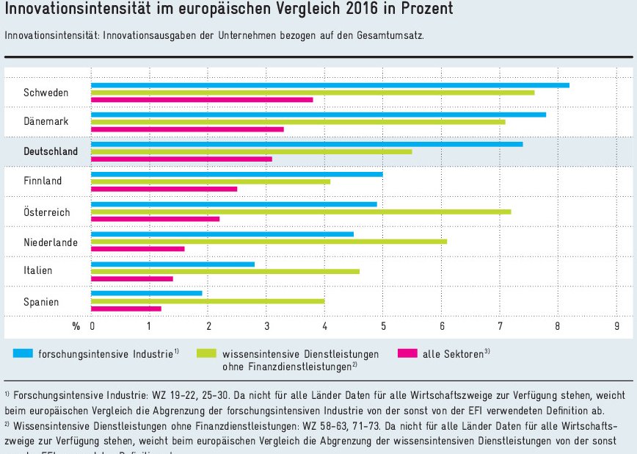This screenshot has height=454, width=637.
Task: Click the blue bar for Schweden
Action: [x=330, y=85]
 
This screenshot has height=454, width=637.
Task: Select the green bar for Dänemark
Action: [x=298, y=122]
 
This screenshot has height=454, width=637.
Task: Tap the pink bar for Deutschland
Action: [x=181, y=159]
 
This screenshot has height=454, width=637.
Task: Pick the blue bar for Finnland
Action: [x=237, y=174]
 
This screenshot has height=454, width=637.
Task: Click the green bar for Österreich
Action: [x=301, y=212]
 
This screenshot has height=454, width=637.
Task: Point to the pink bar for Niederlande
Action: [x=138, y=249]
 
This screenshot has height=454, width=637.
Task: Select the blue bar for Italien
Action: [x=173, y=264]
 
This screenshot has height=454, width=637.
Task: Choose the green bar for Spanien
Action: [x=208, y=300]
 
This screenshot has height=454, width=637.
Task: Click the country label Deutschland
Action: [x=51, y=151]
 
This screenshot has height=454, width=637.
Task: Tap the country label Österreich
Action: [x=47, y=212]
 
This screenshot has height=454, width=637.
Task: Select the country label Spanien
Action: [x=41, y=302]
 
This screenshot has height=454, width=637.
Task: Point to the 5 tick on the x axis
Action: [x=383, y=326]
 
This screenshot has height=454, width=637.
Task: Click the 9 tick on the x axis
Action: [x=617, y=326]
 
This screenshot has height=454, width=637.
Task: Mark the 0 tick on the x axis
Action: [x=92, y=326]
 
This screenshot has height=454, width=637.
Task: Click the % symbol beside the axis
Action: [x=76, y=326]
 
